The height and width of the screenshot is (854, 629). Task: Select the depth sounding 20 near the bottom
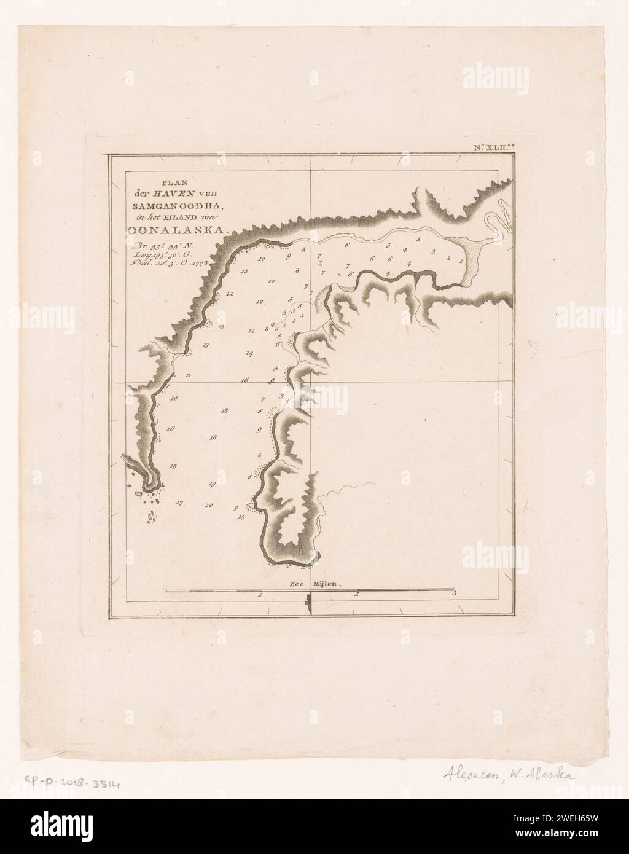click(x=209, y=506)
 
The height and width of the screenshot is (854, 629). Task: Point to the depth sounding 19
click(x=212, y=484)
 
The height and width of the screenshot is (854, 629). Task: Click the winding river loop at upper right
click(x=496, y=225)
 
